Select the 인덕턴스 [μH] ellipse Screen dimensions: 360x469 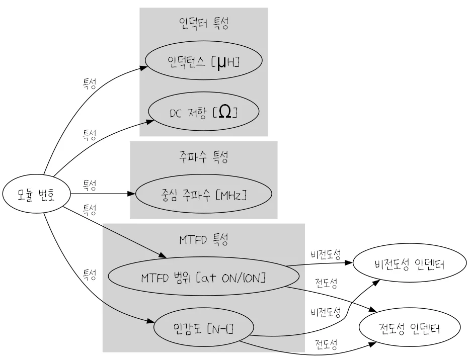coord(203,61)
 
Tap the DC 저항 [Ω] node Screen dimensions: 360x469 coord(203,111)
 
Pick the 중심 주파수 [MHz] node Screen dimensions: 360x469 coord(203,194)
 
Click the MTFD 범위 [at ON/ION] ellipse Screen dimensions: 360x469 coord(203,277)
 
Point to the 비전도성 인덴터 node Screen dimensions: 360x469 coord(409,264)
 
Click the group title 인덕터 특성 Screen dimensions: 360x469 coord(203,23)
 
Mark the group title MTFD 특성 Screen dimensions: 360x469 coord(203,239)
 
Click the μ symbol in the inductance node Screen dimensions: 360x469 coord(222,62)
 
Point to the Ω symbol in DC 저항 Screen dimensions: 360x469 coord(225,112)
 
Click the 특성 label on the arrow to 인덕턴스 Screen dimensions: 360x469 coord(89,83)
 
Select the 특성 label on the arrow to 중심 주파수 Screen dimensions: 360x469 coord(89,186)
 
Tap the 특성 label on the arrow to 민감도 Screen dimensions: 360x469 coord(89,275)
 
